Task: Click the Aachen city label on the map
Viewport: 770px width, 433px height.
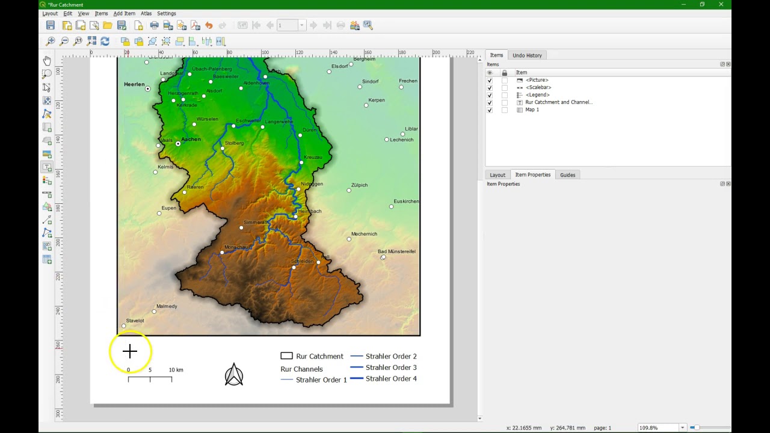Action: tap(191, 140)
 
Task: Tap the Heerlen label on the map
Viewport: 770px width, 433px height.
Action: tap(134, 84)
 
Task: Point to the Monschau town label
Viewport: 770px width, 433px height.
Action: tap(237, 247)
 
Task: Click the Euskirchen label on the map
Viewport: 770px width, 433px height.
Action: tap(406, 201)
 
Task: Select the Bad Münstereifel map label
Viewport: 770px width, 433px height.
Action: tap(396, 251)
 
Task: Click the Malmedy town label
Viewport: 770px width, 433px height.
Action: tap(167, 306)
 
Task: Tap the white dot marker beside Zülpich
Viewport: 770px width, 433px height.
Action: tap(349, 191)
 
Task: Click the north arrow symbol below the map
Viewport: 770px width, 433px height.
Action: tap(234, 375)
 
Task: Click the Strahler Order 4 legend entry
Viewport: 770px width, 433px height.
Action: tap(391, 379)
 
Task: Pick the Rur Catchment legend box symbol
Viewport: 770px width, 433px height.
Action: tap(286, 356)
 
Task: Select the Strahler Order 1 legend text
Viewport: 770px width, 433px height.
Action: tap(321, 380)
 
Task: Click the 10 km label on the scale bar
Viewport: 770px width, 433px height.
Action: tap(176, 370)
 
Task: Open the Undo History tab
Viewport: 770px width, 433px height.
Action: tap(527, 55)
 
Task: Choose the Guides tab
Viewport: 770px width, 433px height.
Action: tap(567, 175)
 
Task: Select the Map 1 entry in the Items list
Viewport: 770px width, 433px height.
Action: tap(532, 110)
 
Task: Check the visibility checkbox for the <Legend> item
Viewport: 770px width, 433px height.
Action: tap(490, 95)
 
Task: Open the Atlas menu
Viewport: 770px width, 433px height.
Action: tap(146, 13)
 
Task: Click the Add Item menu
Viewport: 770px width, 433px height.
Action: tap(124, 13)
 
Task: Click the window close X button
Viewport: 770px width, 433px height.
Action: tap(721, 5)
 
